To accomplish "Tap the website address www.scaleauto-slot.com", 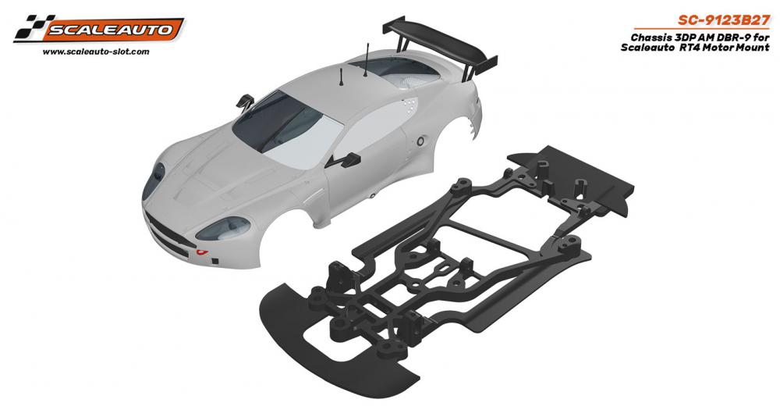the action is click(x=96, y=52).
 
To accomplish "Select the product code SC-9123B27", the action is click(x=723, y=21).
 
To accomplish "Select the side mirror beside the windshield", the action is click(x=245, y=102).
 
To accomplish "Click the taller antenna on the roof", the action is click(x=367, y=60).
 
